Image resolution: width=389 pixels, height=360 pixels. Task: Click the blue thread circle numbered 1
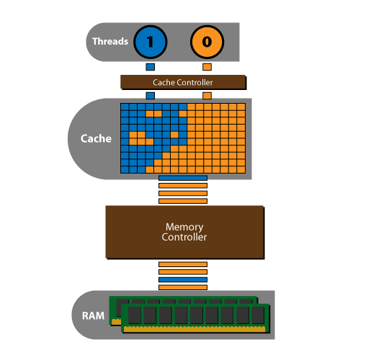(x=151, y=42)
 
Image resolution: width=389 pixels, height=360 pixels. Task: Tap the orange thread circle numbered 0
(x=207, y=42)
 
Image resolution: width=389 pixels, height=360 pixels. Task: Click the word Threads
(x=110, y=42)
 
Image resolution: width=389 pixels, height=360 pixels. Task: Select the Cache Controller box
(x=183, y=82)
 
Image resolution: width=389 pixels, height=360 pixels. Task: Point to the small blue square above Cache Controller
(x=151, y=67)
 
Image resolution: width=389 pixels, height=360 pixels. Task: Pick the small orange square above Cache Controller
(x=207, y=67)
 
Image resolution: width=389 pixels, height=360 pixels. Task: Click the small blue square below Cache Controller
(x=151, y=96)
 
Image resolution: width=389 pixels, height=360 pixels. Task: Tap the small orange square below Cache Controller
(x=207, y=96)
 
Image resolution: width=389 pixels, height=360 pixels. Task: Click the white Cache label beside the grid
(x=96, y=138)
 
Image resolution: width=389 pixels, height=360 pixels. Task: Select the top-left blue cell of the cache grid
(x=125, y=107)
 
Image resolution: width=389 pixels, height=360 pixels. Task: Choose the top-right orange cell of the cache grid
(x=241, y=107)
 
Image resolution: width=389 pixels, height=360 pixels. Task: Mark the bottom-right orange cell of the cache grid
(x=241, y=170)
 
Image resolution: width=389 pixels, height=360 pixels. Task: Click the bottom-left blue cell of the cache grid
(x=125, y=170)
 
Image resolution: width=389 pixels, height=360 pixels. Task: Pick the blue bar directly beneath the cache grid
(x=183, y=178)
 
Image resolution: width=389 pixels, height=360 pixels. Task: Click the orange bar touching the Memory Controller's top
(x=183, y=201)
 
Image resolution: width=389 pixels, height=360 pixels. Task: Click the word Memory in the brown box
(x=184, y=227)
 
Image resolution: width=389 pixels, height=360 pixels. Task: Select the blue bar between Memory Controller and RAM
(x=183, y=279)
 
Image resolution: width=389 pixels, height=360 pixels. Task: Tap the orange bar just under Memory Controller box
(x=183, y=264)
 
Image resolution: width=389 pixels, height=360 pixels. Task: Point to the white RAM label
(x=93, y=316)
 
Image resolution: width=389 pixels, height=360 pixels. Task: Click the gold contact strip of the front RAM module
(x=194, y=329)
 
